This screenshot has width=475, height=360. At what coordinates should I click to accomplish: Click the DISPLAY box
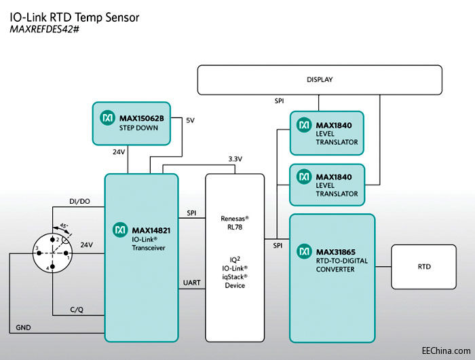319,79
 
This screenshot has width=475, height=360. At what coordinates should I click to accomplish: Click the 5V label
190,120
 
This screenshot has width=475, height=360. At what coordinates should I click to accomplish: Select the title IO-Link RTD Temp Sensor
75,17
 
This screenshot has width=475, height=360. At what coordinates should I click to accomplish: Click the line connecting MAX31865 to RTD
383,267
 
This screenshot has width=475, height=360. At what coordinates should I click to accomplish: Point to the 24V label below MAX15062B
119,151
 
